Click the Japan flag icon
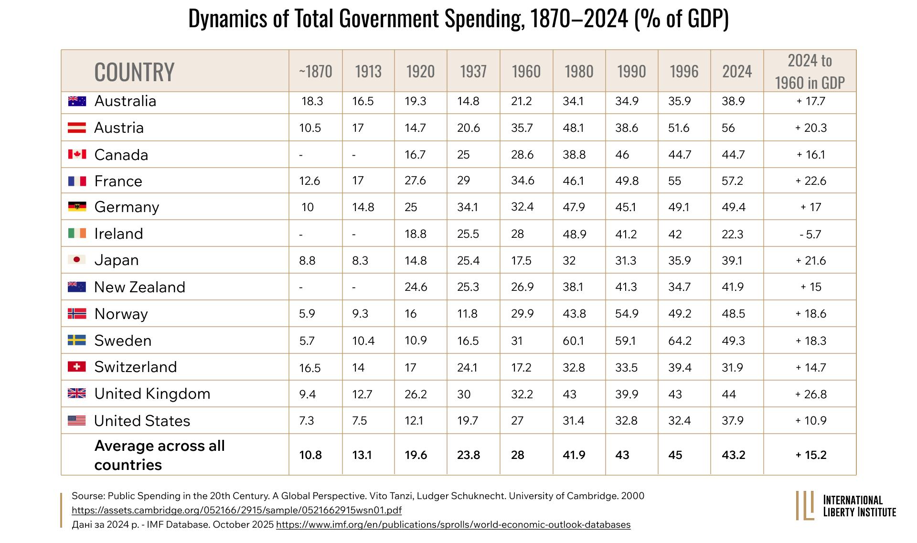click(77, 259)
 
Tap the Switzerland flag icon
click(77, 366)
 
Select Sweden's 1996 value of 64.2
click(680, 341)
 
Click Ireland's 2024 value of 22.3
click(733, 234)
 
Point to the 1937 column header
click(473, 71)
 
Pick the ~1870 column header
click(315, 71)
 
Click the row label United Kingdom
click(152, 394)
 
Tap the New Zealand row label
click(139, 287)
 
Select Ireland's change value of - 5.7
click(810, 234)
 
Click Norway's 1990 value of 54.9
click(627, 314)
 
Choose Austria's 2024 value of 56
click(729, 128)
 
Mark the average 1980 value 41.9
click(574, 455)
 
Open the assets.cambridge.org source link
click(236, 510)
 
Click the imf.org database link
click(453, 524)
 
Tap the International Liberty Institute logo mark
click(805, 505)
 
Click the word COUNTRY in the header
click(134, 72)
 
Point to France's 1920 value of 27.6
click(416, 181)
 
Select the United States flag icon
click(77, 420)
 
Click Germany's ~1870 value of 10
click(308, 207)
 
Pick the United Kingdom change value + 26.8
click(811, 394)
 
